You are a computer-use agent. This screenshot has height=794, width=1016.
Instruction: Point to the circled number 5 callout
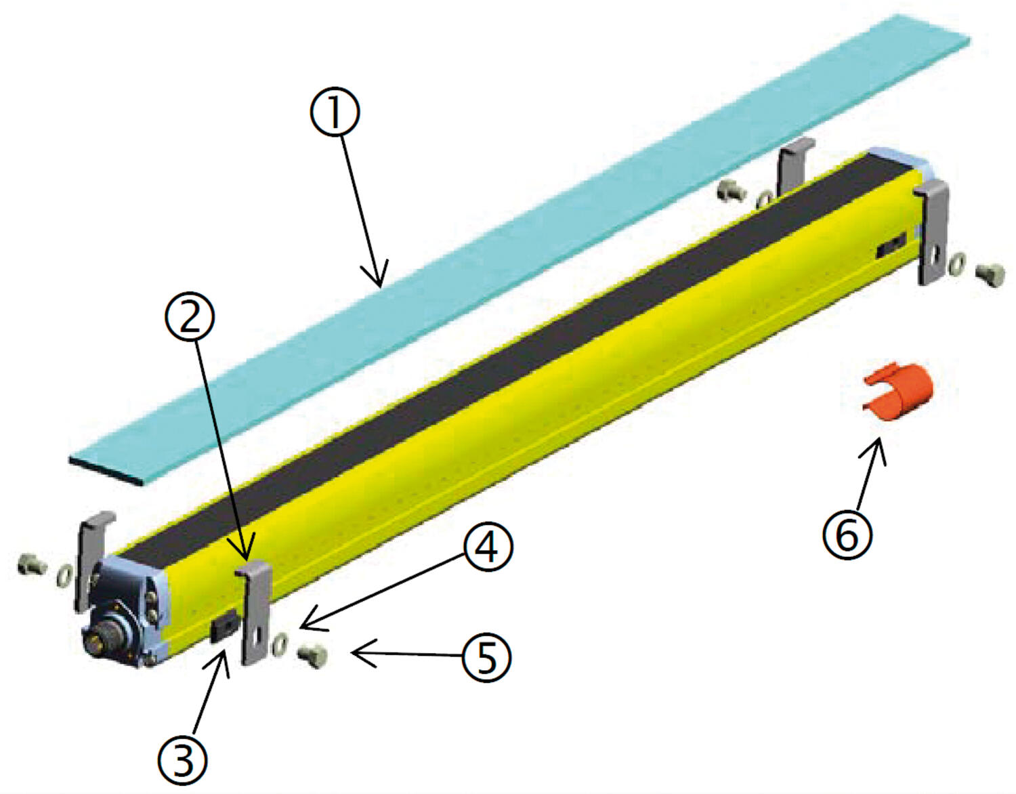[487, 656]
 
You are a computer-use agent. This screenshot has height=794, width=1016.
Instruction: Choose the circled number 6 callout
[847, 535]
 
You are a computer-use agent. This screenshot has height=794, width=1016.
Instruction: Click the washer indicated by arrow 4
[280, 646]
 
